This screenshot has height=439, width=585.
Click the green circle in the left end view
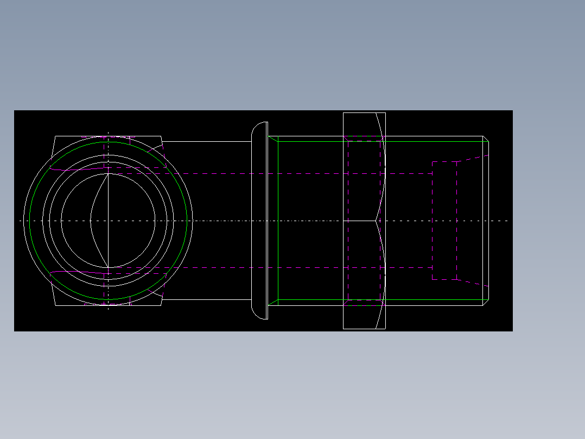point(30,221)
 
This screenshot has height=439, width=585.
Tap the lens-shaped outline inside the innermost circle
point(92,221)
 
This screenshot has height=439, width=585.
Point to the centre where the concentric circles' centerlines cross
point(109,221)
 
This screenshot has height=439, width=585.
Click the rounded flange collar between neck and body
point(259,221)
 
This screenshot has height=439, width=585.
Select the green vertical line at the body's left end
point(278,221)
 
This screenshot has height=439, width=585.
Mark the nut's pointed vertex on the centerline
point(376,221)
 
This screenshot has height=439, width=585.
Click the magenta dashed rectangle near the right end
point(433,221)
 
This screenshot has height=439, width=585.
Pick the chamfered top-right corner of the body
point(486,139)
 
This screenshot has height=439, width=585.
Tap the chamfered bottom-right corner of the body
point(486,303)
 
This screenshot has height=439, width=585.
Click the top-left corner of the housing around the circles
point(55,136)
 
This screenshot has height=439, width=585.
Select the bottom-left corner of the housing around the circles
point(55,305)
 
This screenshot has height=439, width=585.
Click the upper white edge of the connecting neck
point(206,141)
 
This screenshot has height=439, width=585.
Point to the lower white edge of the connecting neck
point(206,300)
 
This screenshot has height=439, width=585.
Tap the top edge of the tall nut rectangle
point(364,112)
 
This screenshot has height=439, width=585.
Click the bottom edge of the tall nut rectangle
point(364,329)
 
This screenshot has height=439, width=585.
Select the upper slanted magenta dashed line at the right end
point(472,158)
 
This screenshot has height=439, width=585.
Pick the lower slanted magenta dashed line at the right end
point(472,283)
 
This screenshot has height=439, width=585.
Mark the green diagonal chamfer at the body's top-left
point(274,139)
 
